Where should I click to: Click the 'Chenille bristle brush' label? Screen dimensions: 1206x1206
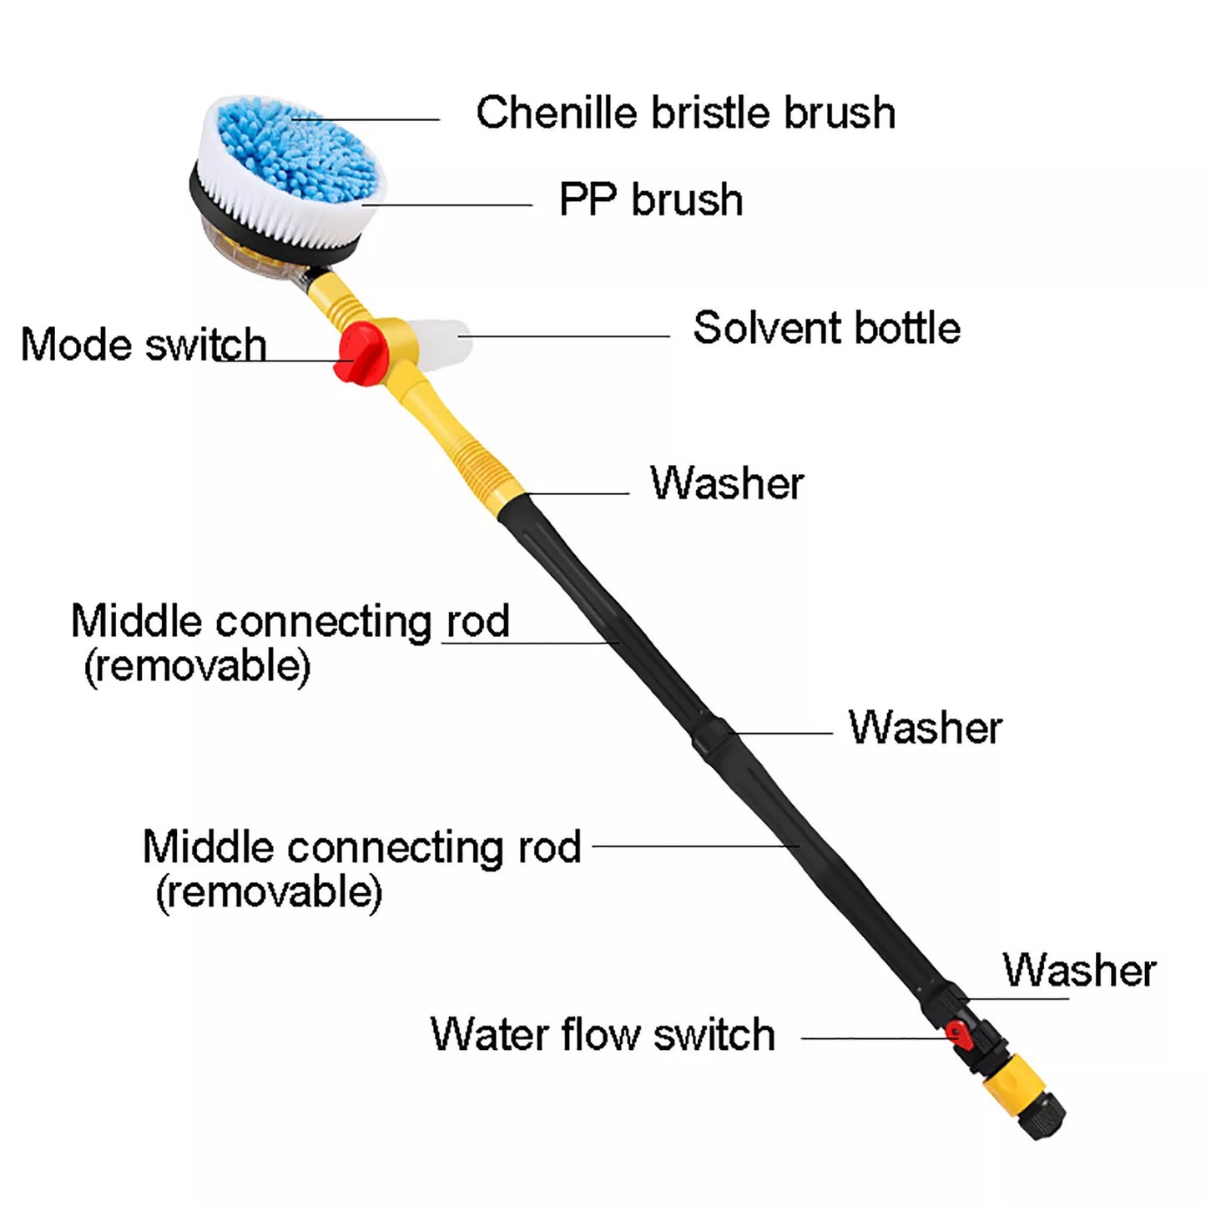[685, 113]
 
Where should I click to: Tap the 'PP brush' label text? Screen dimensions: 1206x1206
[650, 200]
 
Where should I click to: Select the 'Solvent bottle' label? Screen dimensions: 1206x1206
[826, 328]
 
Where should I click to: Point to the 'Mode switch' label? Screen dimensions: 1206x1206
[143, 345]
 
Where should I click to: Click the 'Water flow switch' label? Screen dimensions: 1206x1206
[603, 1035]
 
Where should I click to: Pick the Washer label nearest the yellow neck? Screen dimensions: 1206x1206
[727, 483]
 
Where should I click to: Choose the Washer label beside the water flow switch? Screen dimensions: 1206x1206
[1079, 970]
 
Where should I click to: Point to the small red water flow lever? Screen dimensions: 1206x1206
[961, 1036]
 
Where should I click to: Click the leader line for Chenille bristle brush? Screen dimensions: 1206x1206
[367, 119]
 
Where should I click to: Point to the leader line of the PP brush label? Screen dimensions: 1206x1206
[451, 204]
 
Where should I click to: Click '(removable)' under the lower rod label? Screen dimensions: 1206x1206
[269, 892]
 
